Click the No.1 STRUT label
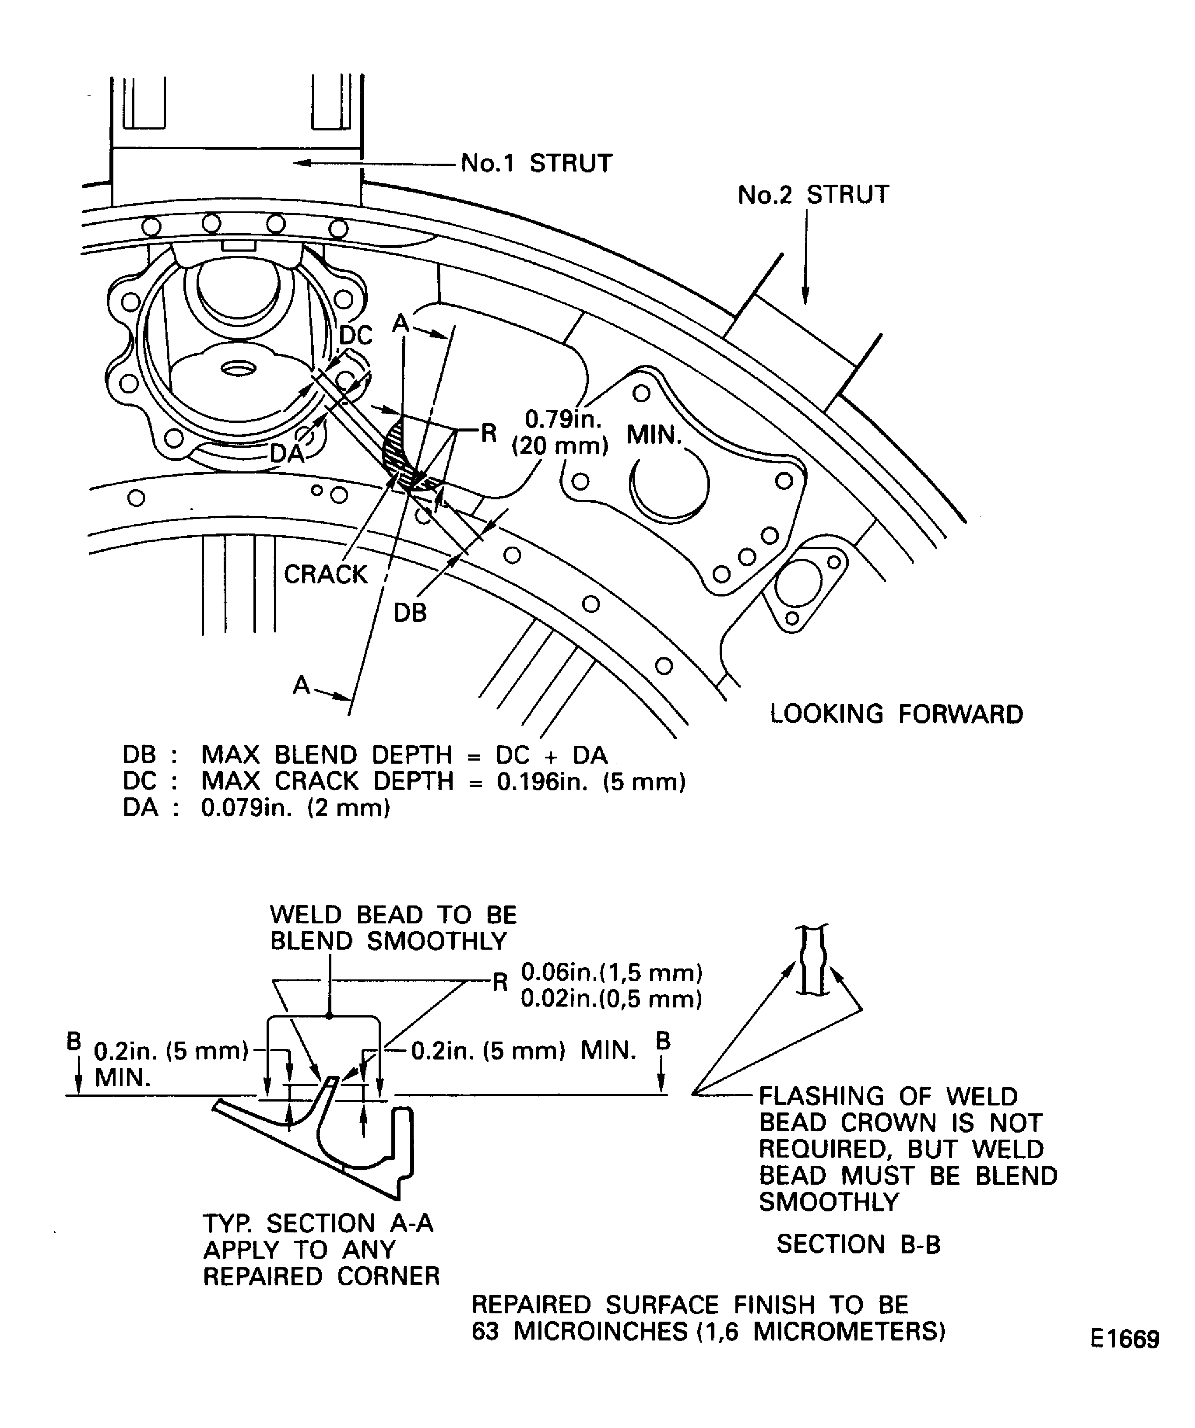click(536, 164)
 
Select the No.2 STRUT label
click(813, 195)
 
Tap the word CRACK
click(325, 575)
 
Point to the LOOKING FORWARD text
click(896, 715)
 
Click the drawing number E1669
click(1124, 1339)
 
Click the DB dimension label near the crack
click(410, 613)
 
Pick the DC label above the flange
click(356, 335)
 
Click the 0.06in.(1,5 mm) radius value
click(611, 973)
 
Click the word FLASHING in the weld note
click(819, 1097)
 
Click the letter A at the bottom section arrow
click(301, 685)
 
